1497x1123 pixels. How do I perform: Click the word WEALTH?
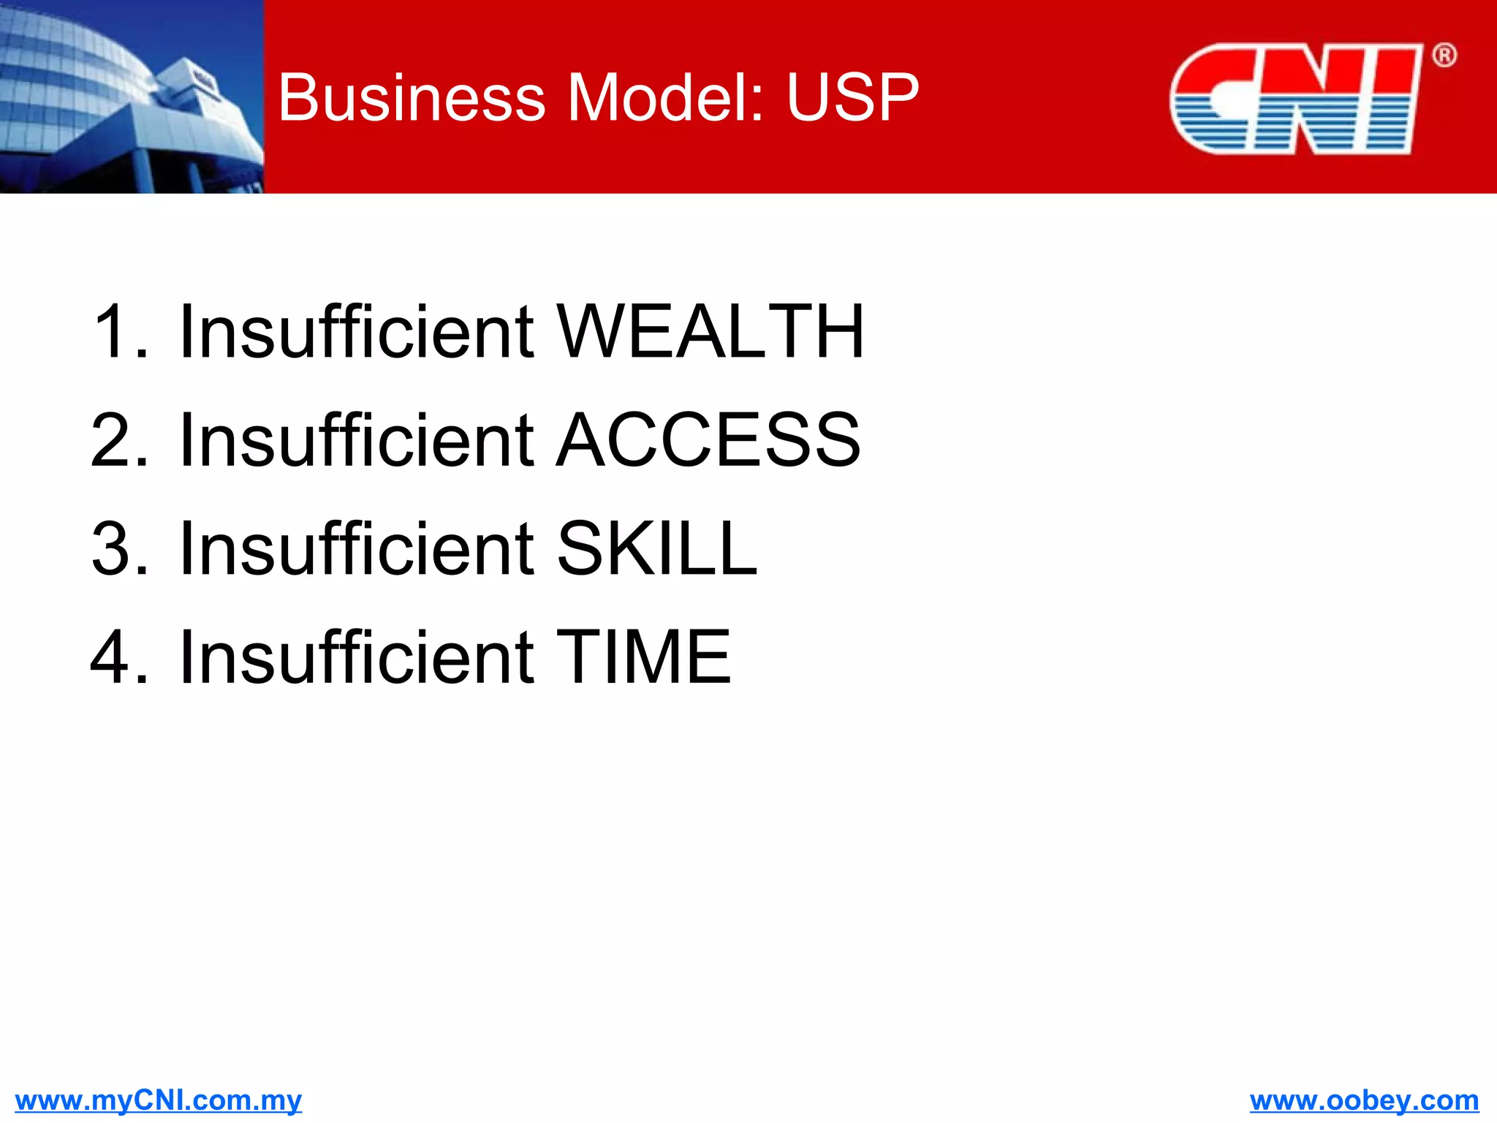coord(710,332)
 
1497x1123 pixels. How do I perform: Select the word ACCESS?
coord(708,440)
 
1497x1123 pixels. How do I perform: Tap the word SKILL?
coord(656,548)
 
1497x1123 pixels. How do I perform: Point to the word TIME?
coord(643,657)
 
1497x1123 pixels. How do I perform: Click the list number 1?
coord(117,332)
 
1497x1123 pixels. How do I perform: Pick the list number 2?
coord(117,440)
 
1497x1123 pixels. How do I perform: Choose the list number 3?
coord(117,548)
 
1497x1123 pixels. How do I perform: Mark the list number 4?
coord(117,657)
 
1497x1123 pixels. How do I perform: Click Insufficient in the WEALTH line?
coord(357,332)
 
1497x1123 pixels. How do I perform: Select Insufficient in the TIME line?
coord(357,657)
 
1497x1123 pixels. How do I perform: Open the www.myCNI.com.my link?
coord(158,1100)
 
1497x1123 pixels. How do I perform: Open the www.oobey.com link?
coord(1364,1100)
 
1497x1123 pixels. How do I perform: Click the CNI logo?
coord(1295,99)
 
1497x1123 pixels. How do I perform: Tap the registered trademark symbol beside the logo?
coord(1444,56)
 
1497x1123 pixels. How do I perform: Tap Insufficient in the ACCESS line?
coord(357,440)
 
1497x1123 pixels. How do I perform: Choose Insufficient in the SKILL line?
coord(357,548)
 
